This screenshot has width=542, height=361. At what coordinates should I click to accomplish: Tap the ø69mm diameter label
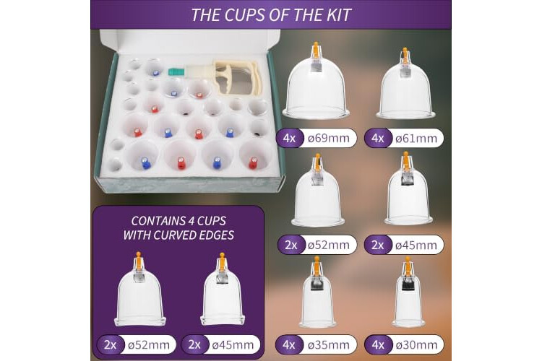pyautogui.click(x=328, y=138)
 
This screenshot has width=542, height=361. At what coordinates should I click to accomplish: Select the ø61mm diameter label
pyautogui.click(x=416, y=139)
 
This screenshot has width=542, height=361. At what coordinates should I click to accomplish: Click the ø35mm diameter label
pyautogui.click(x=328, y=345)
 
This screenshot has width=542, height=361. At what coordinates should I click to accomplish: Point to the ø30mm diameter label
pyautogui.click(x=416, y=345)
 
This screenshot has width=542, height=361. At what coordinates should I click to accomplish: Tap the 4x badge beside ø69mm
pyautogui.click(x=289, y=138)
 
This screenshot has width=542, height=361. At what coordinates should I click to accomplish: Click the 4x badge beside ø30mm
pyautogui.click(x=378, y=345)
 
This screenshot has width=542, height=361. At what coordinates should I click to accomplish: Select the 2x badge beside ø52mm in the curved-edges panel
pyautogui.click(x=111, y=345)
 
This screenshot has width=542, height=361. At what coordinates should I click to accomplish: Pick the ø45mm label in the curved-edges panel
pyautogui.click(x=233, y=345)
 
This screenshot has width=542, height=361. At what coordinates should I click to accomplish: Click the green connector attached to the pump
pyautogui.click(x=176, y=72)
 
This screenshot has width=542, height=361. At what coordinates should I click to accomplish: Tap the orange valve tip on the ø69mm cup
pyautogui.click(x=315, y=48)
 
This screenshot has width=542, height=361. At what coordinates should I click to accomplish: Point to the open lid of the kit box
pyautogui.click(x=190, y=40)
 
